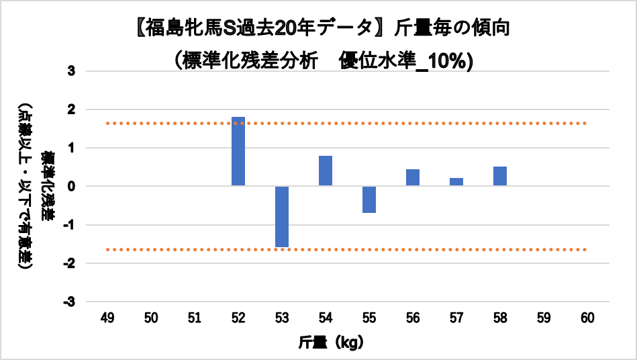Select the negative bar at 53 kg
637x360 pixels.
[282, 216]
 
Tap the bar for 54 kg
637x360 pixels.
[326, 171]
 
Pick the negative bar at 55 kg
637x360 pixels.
[369, 199]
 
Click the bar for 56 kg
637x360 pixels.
[413, 177]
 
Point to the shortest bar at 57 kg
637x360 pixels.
[456, 182]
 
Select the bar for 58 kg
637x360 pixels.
[500, 176]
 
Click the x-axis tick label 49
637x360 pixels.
[107, 318]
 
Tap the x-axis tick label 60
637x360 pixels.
[587, 318]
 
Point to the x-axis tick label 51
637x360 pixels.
[195, 318]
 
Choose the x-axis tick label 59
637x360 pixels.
[544, 318]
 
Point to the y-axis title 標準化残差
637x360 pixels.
[48, 186]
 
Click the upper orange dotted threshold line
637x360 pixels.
[403, 124]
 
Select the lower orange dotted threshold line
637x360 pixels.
[403, 249]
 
